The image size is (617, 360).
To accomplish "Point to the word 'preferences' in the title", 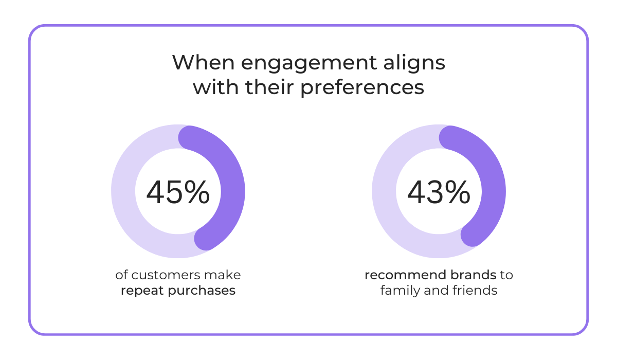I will [x=362, y=88].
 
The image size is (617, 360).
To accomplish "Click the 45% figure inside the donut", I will [x=178, y=192].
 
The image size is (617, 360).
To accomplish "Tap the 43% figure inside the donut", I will [x=439, y=192].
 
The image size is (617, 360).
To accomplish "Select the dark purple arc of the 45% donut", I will [x=232, y=191].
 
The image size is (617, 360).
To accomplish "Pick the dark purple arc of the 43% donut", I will [x=493, y=191].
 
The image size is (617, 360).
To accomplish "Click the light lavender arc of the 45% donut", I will [x=124, y=191].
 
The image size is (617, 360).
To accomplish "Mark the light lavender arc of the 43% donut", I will [x=385, y=191].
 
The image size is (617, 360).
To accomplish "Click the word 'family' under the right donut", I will [x=397, y=291].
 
